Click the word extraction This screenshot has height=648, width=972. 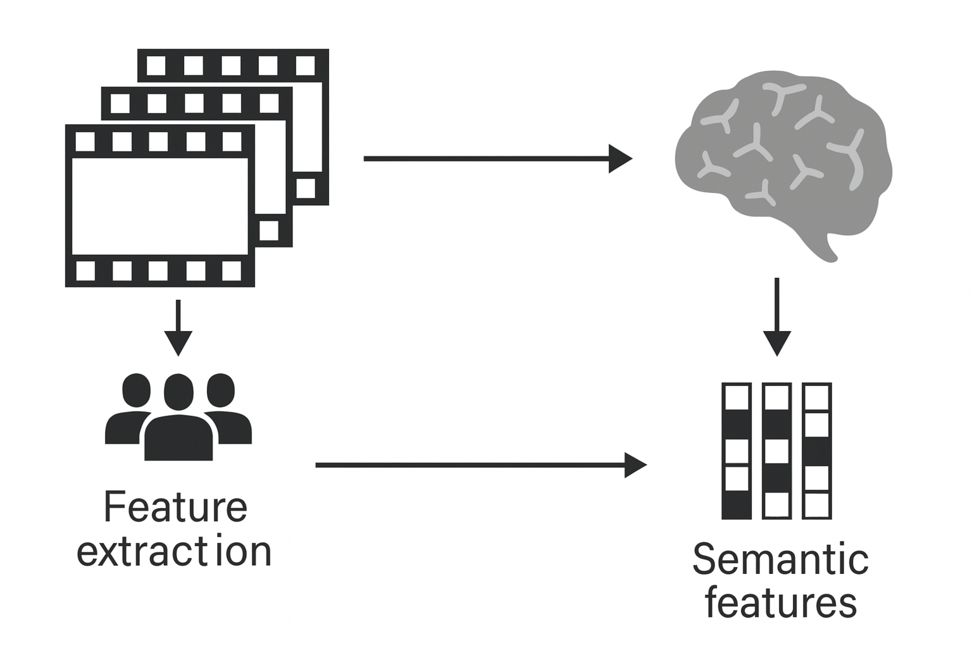(x=174, y=552)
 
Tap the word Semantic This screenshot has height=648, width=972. (x=780, y=559)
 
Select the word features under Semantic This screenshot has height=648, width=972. (x=780, y=603)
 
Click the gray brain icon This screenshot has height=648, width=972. (x=783, y=158)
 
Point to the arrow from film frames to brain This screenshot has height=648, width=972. (x=487, y=158)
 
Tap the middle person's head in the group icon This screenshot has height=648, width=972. (x=178, y=392)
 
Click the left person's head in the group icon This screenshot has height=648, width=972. (x=136, y=390)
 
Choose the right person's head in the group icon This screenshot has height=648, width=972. (x=221, y=390)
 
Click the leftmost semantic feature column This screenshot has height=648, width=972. (x=737, y=451)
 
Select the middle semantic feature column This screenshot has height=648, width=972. (x=777, y=451)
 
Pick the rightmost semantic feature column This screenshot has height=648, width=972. (x=816, y=451)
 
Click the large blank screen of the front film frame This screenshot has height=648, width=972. (x=159, y=206)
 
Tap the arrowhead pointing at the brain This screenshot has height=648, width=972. (x=620, y=158)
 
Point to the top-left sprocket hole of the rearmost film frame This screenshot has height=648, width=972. (x=156, y=65)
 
